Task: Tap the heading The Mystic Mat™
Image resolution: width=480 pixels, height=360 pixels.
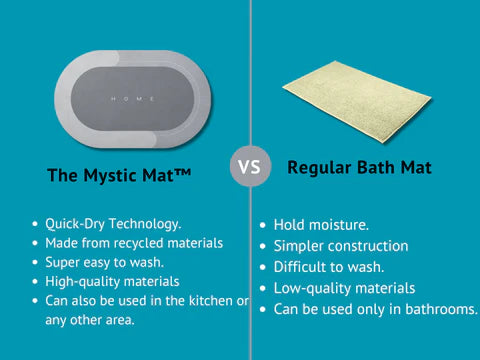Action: tap(118, 176)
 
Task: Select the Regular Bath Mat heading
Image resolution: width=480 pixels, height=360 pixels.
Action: tap(360, 167)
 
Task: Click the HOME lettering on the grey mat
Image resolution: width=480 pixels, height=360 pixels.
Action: tap(132, 98)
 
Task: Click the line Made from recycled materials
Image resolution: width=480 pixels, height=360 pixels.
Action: tap(133, 243)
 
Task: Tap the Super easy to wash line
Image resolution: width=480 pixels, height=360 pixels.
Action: tap(105, 262)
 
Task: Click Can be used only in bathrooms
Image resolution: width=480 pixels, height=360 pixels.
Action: tap(376, 309)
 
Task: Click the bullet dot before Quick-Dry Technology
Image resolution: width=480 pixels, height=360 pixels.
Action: tap(36, 225)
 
